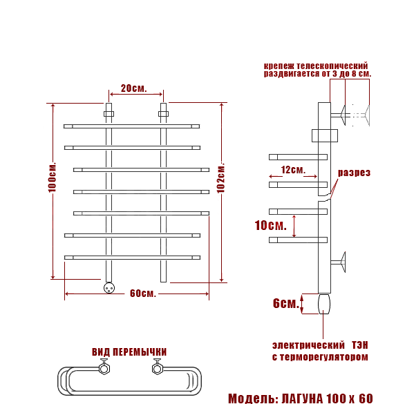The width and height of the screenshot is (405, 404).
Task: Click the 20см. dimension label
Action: pos(134,88)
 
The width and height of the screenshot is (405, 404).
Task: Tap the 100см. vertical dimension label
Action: pos(53,177)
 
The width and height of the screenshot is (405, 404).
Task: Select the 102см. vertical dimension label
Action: pos(221,177)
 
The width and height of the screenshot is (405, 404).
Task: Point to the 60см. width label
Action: pos(143,294)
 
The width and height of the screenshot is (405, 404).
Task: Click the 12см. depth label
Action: pos(293,170)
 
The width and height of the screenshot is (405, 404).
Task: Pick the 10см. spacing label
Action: pos(270,225)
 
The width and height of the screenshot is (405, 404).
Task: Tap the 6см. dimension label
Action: pos(286,303)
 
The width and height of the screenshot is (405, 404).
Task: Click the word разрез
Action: pos(354,173)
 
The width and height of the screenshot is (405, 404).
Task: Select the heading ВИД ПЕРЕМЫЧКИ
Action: pos(129,352)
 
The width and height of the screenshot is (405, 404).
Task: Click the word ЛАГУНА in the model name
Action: pos(302,398)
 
